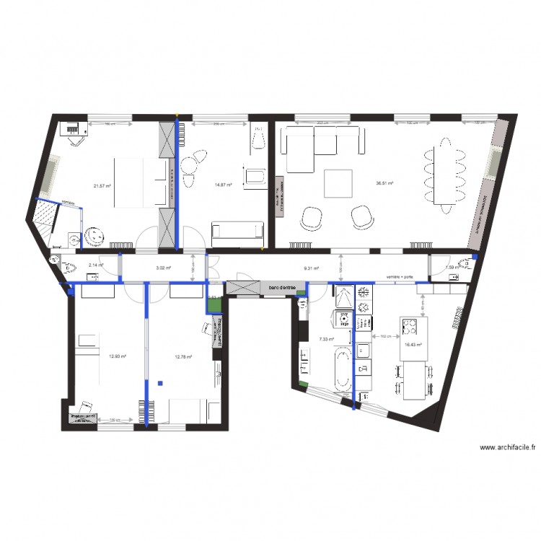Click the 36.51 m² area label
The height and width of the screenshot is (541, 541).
point(383,183)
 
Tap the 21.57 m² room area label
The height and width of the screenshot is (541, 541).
point(101,185)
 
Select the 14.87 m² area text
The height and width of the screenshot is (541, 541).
point(223,185)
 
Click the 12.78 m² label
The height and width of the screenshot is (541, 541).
point(183,356)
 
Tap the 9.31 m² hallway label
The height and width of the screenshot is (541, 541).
point(311,268)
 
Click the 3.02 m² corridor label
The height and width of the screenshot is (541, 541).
point(163,268)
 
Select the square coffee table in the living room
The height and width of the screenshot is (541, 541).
point(338,183)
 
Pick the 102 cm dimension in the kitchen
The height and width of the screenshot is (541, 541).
point(385,336)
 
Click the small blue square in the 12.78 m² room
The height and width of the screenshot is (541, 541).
point(162,382)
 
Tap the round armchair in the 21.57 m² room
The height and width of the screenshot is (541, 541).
point(94,237)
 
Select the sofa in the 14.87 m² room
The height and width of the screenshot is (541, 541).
point(237,231)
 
